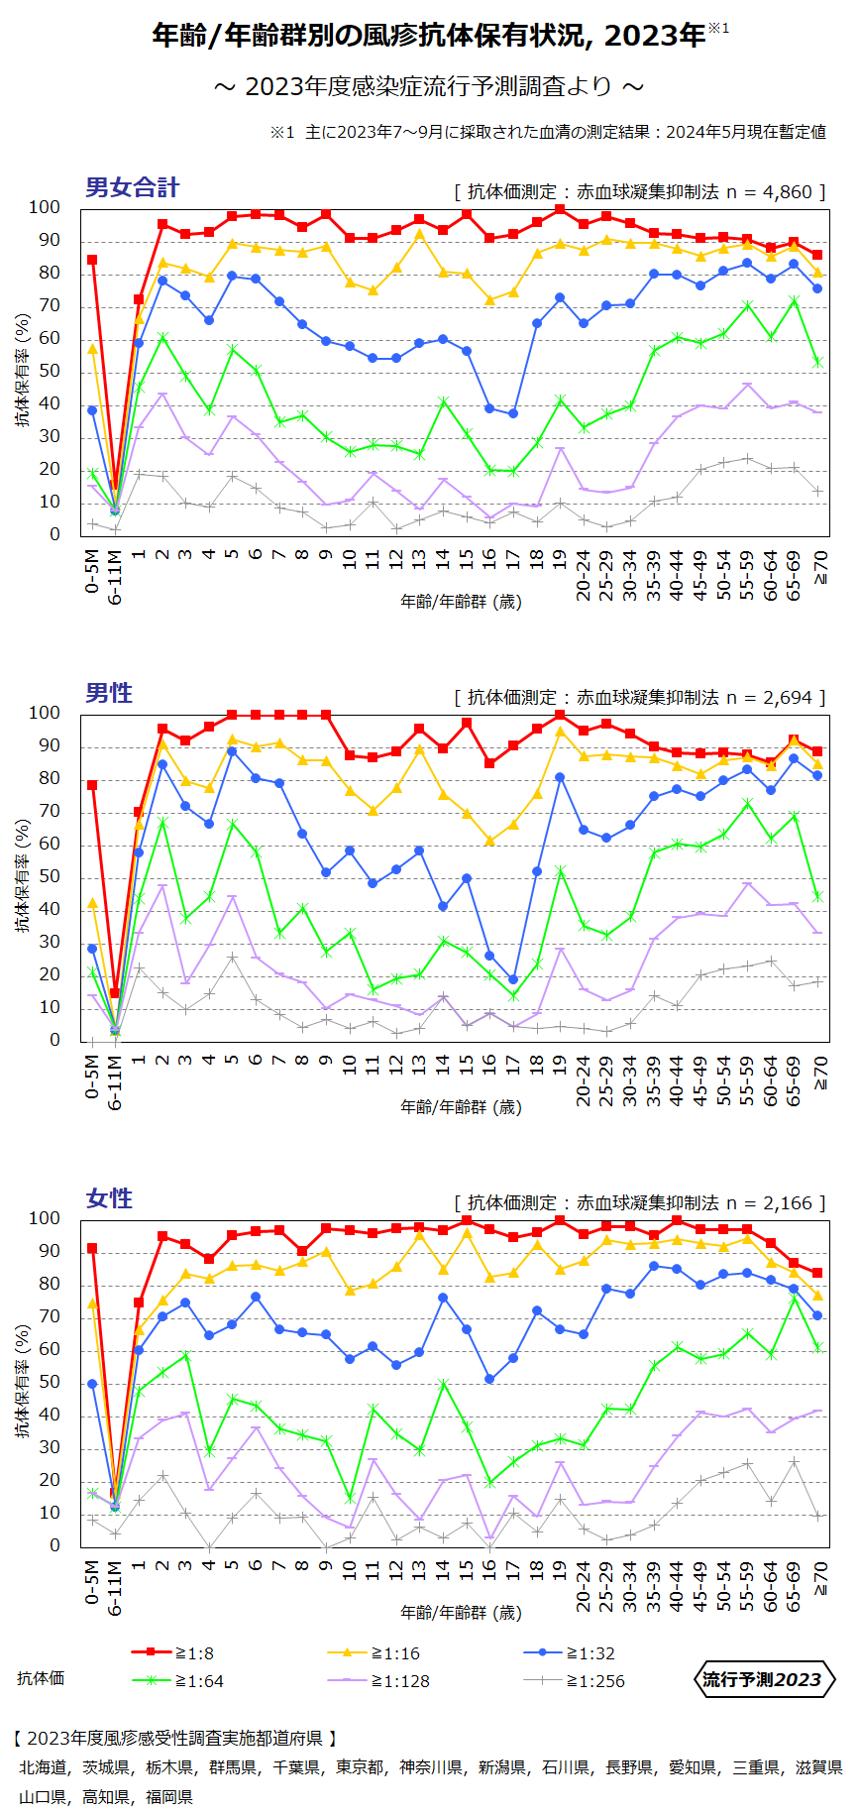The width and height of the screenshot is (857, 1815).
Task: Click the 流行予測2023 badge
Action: click(x=762, y=1679)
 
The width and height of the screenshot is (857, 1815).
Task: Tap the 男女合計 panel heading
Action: click(x=132, y=187)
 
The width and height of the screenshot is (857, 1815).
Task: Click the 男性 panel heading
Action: click(x=109, y=693)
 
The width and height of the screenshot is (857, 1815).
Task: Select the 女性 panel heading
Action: click(x=109, y=1198)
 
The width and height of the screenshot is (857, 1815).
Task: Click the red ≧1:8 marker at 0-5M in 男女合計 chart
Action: click(x=92, y=260)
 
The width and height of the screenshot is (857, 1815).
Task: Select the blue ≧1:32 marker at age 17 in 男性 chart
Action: click(x=513, y=979)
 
